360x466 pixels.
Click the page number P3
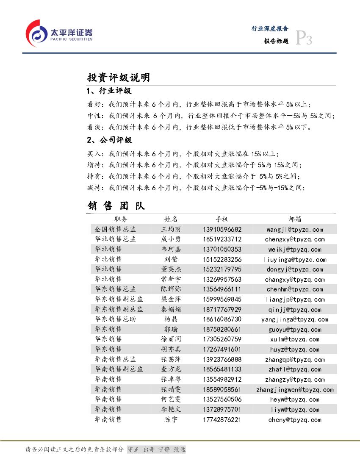(x=303, y=39)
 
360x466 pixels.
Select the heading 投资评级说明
(x=118, y=78)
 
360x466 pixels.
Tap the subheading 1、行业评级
(x=109, y=91)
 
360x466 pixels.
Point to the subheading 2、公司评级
(x=109, y=140)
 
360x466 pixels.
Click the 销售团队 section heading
(x=116, y=206)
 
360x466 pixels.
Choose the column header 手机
(x=222, y=219)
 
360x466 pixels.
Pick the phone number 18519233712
(x=222, y=239)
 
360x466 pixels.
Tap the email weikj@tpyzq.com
(x=294, y=250)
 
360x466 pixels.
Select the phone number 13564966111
(x=222, y=289)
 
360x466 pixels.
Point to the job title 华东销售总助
(x=115, y=319)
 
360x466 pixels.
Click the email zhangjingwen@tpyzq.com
(x=295, y=390)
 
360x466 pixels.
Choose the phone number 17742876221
(x=222, y=420)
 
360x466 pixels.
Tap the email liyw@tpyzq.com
(x=294, y=410)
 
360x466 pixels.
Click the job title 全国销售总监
(x=115, y=229)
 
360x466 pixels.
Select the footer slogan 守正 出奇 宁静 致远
(x=156, y=449)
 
